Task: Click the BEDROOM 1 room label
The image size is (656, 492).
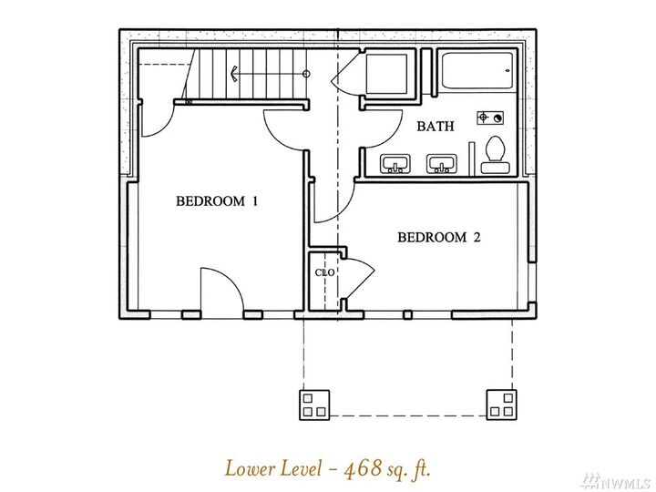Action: pos(217,201)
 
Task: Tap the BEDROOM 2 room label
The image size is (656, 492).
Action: pos(438,238)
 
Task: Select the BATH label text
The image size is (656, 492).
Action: pos(436,127)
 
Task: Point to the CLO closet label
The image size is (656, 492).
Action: pos(323,272)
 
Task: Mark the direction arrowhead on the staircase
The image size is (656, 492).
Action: pos(235,73)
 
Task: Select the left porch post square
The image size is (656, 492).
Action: pos(313,404)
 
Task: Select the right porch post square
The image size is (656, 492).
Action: pos(501,404)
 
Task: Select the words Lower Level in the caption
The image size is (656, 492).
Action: pos(267,469)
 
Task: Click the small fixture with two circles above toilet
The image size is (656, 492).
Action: pos(491,118)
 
